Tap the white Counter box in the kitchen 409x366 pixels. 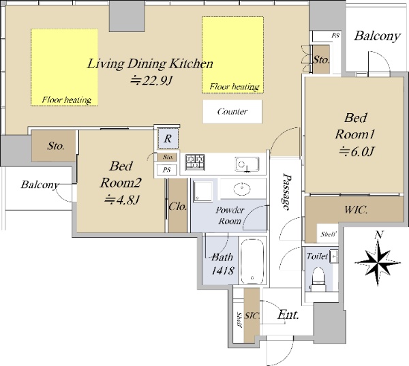click(x=232, y=112)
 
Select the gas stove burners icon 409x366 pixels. click(x=195, y=162)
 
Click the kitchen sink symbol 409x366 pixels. click(x=247, y=164)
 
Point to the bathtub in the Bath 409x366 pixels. click(x=252, y=261)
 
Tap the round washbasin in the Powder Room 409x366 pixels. click(x=242, y=188)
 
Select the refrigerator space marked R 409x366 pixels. click(x=168, y=138)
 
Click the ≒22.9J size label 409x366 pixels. click(x=151, y=81)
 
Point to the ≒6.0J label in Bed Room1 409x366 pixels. click(x=357, y=151)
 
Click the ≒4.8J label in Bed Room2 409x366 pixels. click(x=121, y=200)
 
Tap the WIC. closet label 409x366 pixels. click(x=356, y=209)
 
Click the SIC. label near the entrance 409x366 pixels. click(x=252, y=316)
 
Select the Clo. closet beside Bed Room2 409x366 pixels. click(x=177, y=207)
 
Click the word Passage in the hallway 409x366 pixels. click(x=287, y=192)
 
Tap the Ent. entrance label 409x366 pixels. click(x=288, y=315)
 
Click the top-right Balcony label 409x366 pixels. click(x=377, y=36)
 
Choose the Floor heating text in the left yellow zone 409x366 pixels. click(x=67, y=100)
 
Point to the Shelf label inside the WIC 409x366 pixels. click(x=328, y=234)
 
